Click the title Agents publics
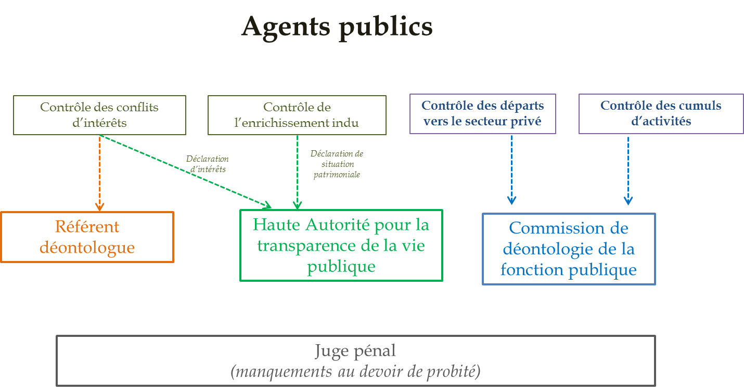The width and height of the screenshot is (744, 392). (337, 27)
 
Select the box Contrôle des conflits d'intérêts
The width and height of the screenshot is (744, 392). (99, 115)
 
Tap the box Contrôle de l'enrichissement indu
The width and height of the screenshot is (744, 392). (297, 115)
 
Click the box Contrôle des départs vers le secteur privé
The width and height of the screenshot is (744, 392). (482, 113)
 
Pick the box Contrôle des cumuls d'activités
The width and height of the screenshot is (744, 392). (661, 113)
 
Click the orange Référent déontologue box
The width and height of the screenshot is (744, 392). (87, 237)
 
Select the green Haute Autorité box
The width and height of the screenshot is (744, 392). (341, 245)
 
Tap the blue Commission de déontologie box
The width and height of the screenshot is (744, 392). (568, 249)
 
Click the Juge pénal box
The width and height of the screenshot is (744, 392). (355, 360)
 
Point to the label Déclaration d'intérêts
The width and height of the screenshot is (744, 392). (208, 164)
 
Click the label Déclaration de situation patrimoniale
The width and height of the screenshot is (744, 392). (337, 164)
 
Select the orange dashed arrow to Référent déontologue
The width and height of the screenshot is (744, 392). (99, 172)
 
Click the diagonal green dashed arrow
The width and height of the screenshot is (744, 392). (187, 171)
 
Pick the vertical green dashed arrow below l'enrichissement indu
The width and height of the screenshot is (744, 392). (297, 172)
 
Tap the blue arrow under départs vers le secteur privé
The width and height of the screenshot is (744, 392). (511, 169)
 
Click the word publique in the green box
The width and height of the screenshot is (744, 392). (341, 266)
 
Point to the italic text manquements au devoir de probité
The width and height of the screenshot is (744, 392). (355, 371)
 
